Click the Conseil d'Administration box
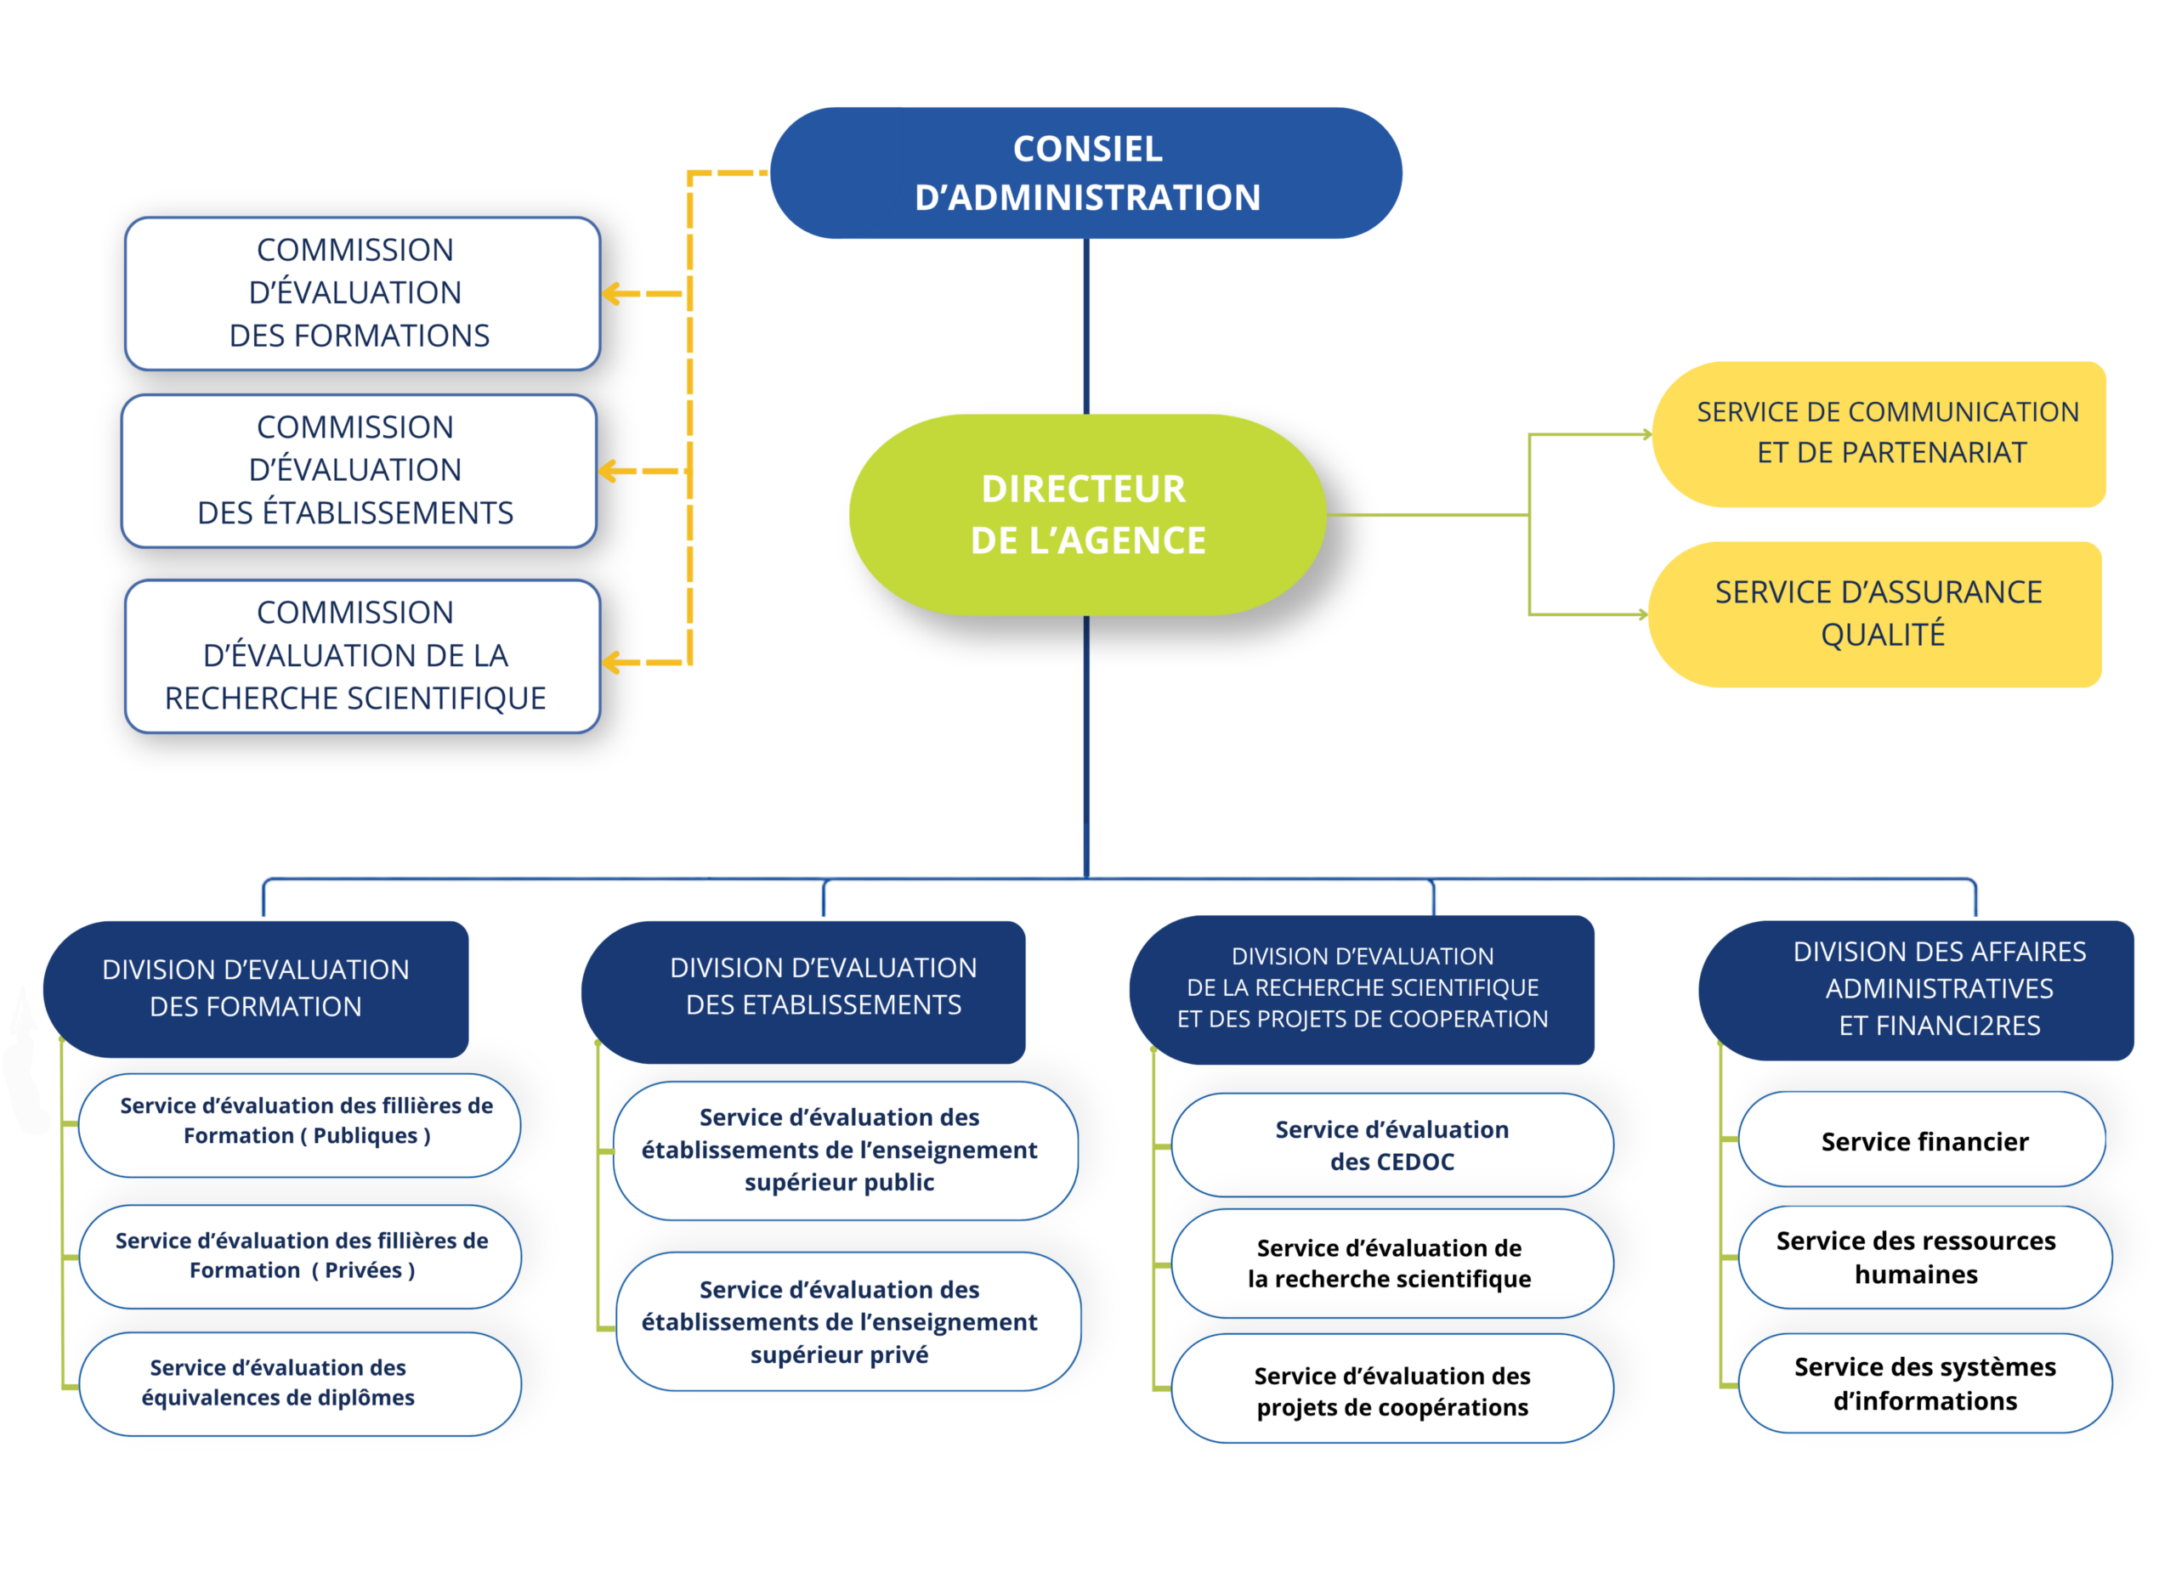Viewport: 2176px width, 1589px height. pyautogui.click(x=1085, y=173)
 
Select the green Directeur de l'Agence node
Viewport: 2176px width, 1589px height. pyautogui.click(x=1087, y=515)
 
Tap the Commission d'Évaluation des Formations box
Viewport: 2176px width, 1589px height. pyautogui.click(x=363, y=293)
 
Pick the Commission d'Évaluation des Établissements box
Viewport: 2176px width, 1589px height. pyautogui.click(x=359, y=472)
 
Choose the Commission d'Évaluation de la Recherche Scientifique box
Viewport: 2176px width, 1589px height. pyautogui.click(x=363, y=656)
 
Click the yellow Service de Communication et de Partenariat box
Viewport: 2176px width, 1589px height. pyautogui.click(x=1878, y=434)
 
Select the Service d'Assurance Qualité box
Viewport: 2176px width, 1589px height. pyautogui.click(x=1875, y=614)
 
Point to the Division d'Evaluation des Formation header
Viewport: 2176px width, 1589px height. pyautogui.click(x=256, y=989)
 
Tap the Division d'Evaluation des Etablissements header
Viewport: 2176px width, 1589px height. pyautogui.click(x=803, y=992)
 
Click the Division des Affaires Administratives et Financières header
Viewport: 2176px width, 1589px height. pyautogui.click(x=1916, y=990)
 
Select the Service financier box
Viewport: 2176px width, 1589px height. pyautogui.click(x=1922, y=1139)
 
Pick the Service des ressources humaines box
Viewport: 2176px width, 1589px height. pyautogui.click(x=1925, y=1257)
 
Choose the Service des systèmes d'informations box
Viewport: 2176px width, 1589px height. pyautogui.click(x=1925, y=1383)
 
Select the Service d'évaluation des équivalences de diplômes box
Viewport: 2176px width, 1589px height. pyautogui.click(x=300, y=1384)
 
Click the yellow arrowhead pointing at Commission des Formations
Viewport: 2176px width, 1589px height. pyautogui.click(x=611, y=293)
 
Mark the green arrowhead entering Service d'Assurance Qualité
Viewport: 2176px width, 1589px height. pyautogui.click(x=1643, y=614)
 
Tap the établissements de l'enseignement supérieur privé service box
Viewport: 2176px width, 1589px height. pyautogui.click(x=848, y=1320)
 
